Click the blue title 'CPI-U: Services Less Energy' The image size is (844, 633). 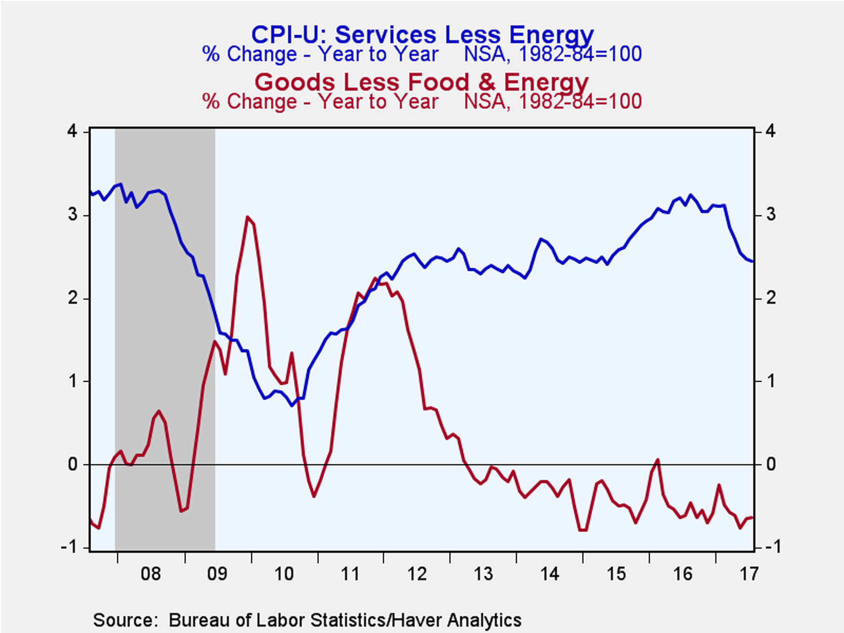click(x=422, y=34)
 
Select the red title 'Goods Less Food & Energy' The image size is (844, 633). click(x=421, y=82)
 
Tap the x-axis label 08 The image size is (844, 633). click(x=151, y=574)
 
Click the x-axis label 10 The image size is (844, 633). click(x=284, y=574)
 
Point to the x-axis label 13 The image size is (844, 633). click(x=483, y=574)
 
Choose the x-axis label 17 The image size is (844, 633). click(x=749, y=574)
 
